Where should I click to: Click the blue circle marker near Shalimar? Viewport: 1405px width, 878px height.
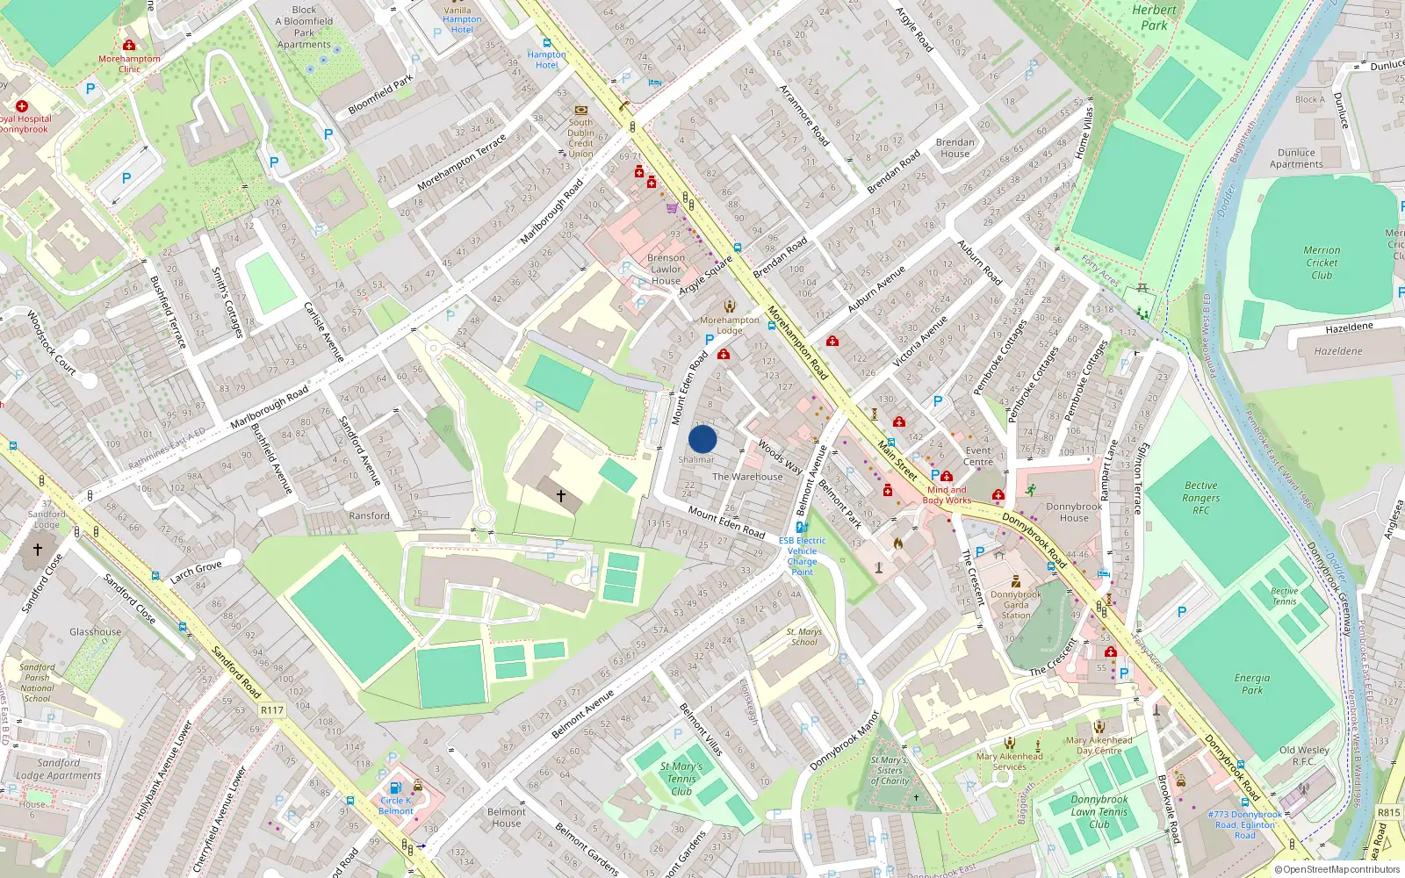coord(702,439)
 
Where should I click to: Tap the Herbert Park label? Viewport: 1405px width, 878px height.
coord(1154,18)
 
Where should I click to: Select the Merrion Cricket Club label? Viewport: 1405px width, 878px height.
coord(1322,263)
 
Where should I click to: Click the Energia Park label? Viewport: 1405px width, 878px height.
coord(1252,684)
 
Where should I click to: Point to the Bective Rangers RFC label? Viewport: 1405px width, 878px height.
coord(1200,498)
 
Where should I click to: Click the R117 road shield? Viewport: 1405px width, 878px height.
coord(272,710)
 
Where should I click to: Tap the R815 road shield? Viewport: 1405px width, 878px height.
coord(1388,812)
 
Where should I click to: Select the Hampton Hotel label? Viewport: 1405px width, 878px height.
coord(546,60)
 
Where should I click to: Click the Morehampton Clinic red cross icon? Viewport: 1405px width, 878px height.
coord(129,45)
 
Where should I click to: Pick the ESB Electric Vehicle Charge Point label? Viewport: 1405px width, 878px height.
coord(802,556)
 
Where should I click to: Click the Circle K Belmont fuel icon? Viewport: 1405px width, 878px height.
coord(395,788)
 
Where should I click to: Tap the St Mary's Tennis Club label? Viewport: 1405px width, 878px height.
coord(681,779)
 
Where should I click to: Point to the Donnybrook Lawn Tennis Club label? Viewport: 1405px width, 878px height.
coord(1099,812)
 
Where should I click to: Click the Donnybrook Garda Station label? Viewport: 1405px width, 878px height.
coord(1016,605)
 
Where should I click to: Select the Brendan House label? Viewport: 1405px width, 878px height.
coord(955,148)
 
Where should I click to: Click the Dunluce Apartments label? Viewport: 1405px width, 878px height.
coord(1296,158)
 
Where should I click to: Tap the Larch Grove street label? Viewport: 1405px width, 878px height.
coord(196,572)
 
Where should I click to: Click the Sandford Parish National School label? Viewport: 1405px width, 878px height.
coord(37,683)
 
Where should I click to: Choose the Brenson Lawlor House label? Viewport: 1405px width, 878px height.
coord(666,270)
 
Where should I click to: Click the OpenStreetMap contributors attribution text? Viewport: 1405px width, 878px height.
coord(1337,869)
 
